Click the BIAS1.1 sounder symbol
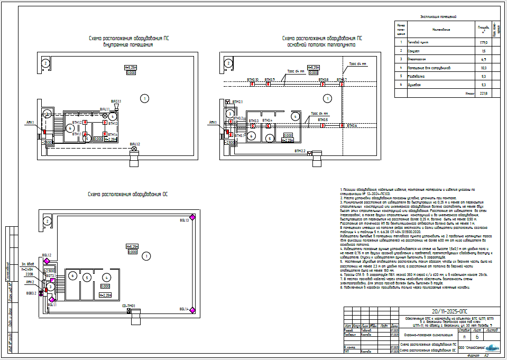(117, 106)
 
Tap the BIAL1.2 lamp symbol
(134, 149)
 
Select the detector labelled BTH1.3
(105, 123)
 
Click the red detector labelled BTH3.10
(253, 84)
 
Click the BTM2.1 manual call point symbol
(227, 101)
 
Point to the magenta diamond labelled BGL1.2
(47, 261)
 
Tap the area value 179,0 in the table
(483, 42)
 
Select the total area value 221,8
(483, 93)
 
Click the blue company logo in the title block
(491, 347)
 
